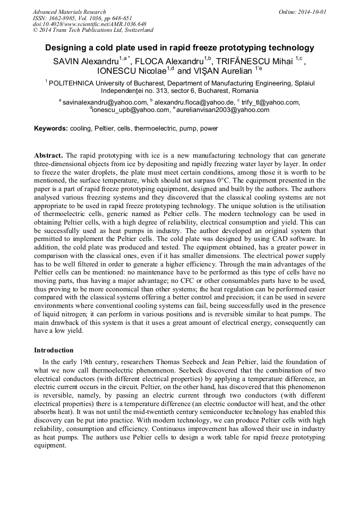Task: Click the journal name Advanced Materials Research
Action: [x=69, y=12]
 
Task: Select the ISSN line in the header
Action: [x=82, y=18]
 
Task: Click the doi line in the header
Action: [x=89, y=24]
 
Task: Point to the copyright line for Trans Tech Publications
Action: [x=93, y=30]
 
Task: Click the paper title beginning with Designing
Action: [x=179, y=48]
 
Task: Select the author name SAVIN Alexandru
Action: [x=85, y=62]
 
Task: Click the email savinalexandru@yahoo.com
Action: [x=105, y=102]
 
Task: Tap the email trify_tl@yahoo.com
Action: [x=271, y=102]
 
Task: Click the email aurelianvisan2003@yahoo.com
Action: [x=222, y=110]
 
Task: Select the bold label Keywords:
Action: [x=51, y=128]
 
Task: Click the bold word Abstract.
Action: [x=48, y=155]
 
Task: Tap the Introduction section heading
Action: [x=54, y=350]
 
